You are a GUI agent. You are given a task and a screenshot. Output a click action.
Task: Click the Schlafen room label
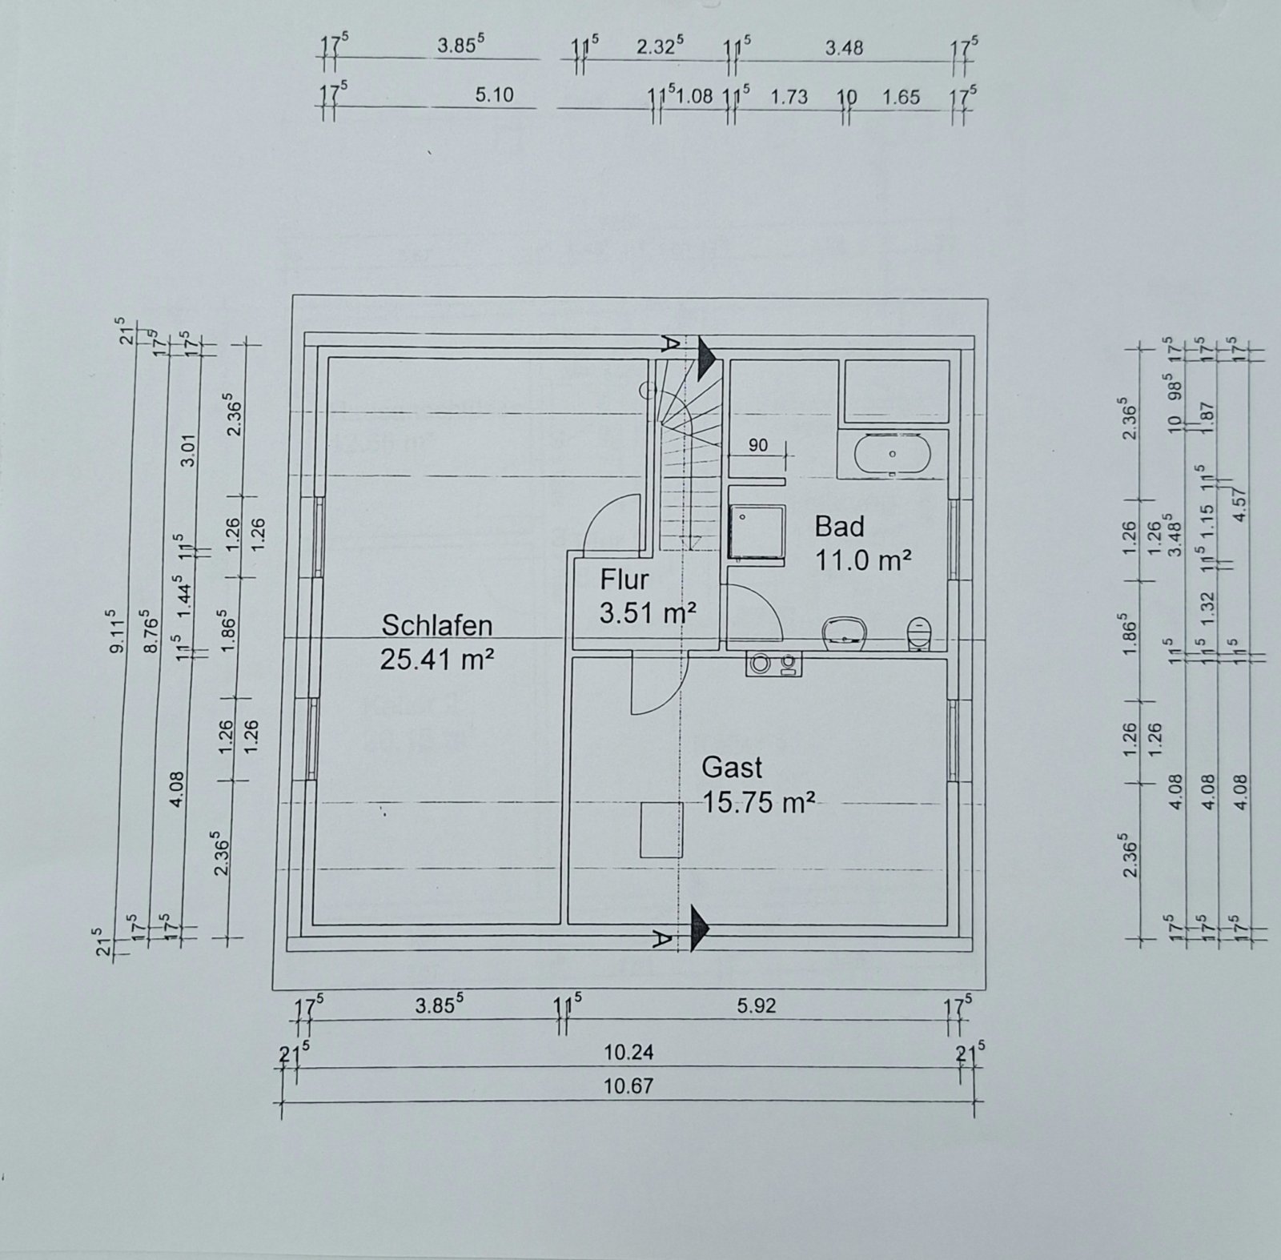(x=436, y=625)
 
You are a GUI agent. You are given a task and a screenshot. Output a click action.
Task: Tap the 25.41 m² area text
(x=436, y=660)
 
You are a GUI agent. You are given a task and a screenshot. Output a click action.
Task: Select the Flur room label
(x=624, y=579)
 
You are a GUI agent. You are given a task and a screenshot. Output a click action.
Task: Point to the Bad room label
(x=840, y=527)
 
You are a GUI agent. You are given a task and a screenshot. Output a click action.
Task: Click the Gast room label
(x=732, y=768)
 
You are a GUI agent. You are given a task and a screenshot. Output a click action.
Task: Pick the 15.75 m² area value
(x=758, y=801)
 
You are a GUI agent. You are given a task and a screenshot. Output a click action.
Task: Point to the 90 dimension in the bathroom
(x=757, y=445)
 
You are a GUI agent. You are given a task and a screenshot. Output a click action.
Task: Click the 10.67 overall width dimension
(x=628, y=1086)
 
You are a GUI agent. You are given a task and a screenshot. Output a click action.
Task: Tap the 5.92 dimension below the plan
(x=757, y=1005)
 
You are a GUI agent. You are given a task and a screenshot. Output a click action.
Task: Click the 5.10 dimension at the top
(x=494, y=96)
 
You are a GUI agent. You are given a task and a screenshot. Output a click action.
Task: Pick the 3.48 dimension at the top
(x=844, y=48)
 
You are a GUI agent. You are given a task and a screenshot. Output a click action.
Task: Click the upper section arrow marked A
(x=704, y=358)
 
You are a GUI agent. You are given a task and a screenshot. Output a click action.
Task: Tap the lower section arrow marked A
(x=700, y=926)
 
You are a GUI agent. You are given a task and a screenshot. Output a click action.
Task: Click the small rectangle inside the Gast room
(x=661, y=830)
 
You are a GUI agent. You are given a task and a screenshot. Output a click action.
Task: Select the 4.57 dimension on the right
(x=1243, y=504)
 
